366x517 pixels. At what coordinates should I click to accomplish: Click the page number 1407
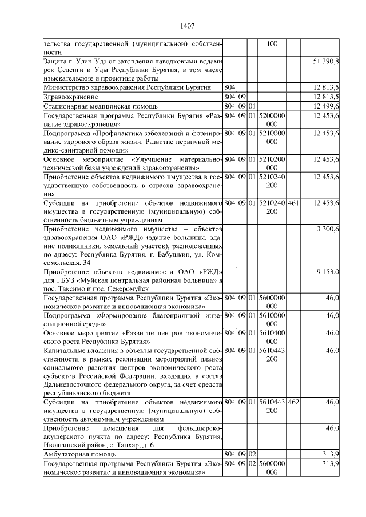[188, 26]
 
